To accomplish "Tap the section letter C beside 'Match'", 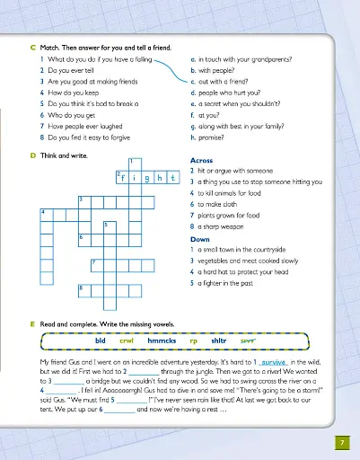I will tap(32, 44).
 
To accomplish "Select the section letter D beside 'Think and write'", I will tap(32, 155).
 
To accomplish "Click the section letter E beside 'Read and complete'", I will tap(32, 322).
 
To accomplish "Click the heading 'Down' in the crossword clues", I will tap(200, 240).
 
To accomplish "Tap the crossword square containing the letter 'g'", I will tap(146, 178).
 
